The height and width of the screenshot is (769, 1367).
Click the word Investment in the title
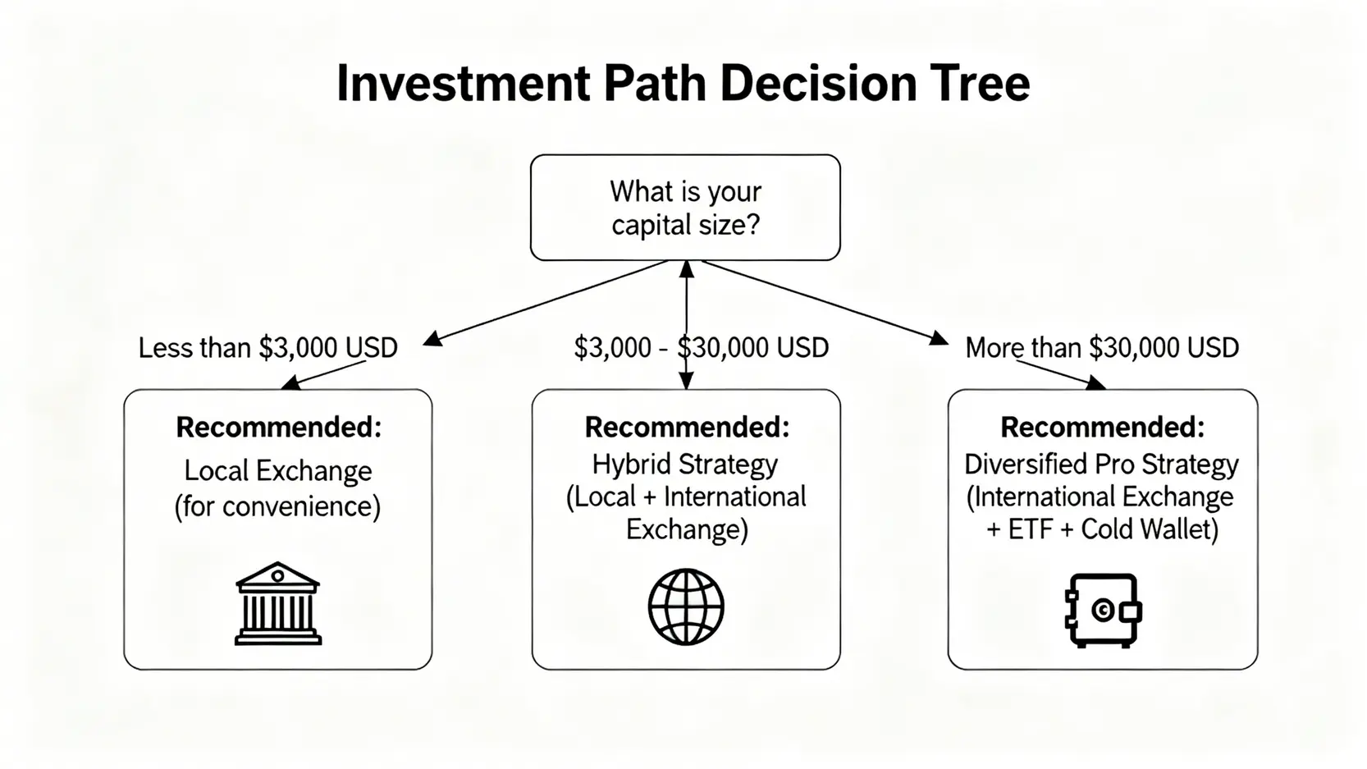(464, 83)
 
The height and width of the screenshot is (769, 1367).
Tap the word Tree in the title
(979, 83)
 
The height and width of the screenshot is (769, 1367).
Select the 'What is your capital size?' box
(685, 208)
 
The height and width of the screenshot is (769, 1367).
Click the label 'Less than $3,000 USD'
(268, 348)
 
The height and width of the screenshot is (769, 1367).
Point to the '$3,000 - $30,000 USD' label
(702, 348)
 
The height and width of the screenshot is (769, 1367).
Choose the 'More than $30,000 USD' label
(1102, 348)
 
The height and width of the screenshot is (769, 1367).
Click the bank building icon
(277, 603)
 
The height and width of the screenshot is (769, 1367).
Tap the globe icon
(686, 607)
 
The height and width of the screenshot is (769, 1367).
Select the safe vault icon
(1104, 611)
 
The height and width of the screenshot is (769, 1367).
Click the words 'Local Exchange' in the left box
(277, 470)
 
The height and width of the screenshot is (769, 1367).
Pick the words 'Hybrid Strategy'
(684, 465)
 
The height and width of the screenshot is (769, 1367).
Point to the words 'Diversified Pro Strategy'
(1101, 465)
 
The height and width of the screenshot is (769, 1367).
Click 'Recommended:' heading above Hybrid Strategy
(687, 428)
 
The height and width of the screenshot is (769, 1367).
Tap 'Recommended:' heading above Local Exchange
(279, 428)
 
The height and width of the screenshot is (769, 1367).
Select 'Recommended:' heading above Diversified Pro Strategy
(1103, 428)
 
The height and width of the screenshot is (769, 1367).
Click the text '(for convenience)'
(277, 506)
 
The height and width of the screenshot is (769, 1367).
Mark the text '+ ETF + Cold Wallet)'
(1102, 529)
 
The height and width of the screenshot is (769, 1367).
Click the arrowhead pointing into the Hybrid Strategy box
(686, 382)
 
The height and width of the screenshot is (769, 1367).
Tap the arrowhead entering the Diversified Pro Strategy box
(1096, 382)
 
